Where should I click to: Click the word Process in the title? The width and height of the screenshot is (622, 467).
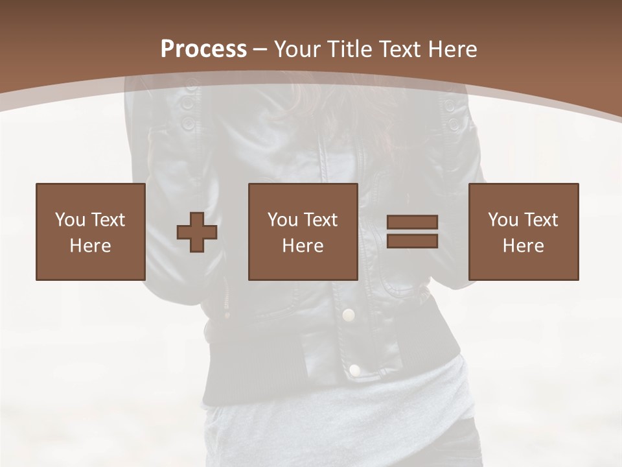tap(203, 49)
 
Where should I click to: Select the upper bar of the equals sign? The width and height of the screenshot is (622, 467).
tap(412, 222)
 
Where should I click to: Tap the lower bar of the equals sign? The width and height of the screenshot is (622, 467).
tap(412, 241)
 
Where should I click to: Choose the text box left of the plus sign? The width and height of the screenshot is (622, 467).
tap(90, 232)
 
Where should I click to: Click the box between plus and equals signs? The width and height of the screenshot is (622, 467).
tap(303, 232)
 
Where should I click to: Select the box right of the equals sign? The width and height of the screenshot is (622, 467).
tap(523, 232)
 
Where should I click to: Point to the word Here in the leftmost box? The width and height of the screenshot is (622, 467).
tap(90, 246)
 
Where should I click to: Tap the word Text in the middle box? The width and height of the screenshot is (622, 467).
tap(321, 220)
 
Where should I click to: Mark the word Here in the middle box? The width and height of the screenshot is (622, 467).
tap(303, 246)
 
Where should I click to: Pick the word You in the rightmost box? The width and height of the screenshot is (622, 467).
tap(502, 220)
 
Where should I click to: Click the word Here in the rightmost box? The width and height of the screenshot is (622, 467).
tap(523, 246)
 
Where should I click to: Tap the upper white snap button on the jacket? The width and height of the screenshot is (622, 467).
tap(349, 315)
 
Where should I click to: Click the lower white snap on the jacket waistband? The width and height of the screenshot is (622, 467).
tap(354, 370)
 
